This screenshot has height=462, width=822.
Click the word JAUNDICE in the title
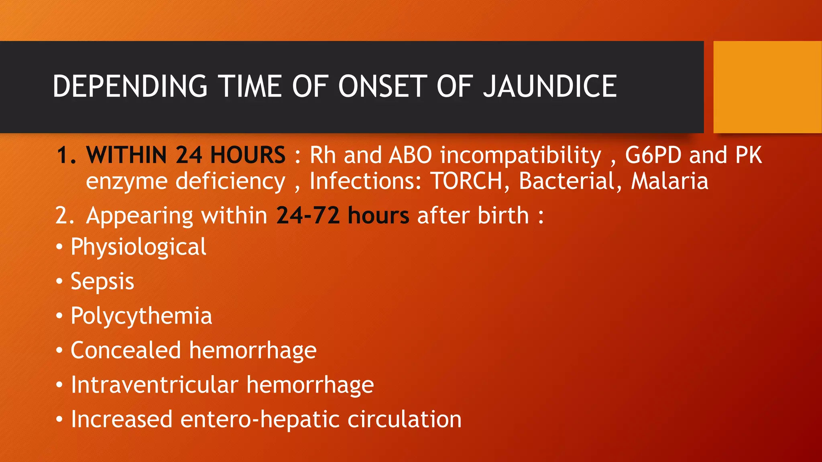tap(549, 86)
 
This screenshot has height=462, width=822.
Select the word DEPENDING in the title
tap(130, 86)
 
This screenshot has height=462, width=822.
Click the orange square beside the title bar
tap(767, 87)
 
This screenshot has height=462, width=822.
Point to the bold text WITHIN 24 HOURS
tap(186, 155)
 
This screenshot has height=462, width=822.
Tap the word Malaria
tap(669, 181)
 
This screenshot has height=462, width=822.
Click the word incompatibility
tap(521, 156)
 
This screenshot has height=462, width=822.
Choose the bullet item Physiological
tap(138, 247)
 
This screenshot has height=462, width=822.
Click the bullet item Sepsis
tap(102, 282)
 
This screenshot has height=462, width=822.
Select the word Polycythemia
tap(141, 316)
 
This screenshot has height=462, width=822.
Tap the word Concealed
tap(126, 350)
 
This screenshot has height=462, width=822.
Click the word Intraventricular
tap(155, 385)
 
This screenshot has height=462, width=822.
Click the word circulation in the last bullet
tap(405, 419)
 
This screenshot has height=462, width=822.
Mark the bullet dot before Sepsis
tap(59, 282)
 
